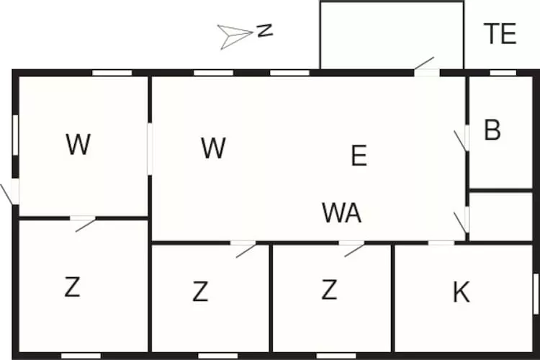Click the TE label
pos(500,34)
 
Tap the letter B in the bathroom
pos(492,131)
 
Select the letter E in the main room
pos(359,156)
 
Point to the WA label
pos(341,213)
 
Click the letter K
pos(462,292)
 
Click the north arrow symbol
pos(235,35)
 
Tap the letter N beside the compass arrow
pos(265,30)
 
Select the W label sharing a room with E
pos(213,149)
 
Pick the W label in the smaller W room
pos(78,145)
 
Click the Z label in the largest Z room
pos(72,287)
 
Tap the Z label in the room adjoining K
pos(329,289)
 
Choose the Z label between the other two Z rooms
pos(201,292)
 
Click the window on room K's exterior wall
pos(535,293)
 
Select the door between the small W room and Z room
pos(84,222)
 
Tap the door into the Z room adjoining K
pos(353,248)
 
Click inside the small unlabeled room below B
pos(500,215)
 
